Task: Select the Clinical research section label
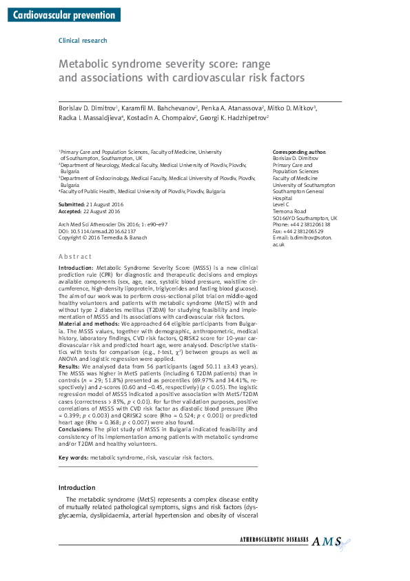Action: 83,41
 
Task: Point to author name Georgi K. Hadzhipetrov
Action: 233,118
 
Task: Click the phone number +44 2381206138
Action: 309,225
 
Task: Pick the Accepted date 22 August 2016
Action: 93,213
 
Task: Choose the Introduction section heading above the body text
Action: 76,488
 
